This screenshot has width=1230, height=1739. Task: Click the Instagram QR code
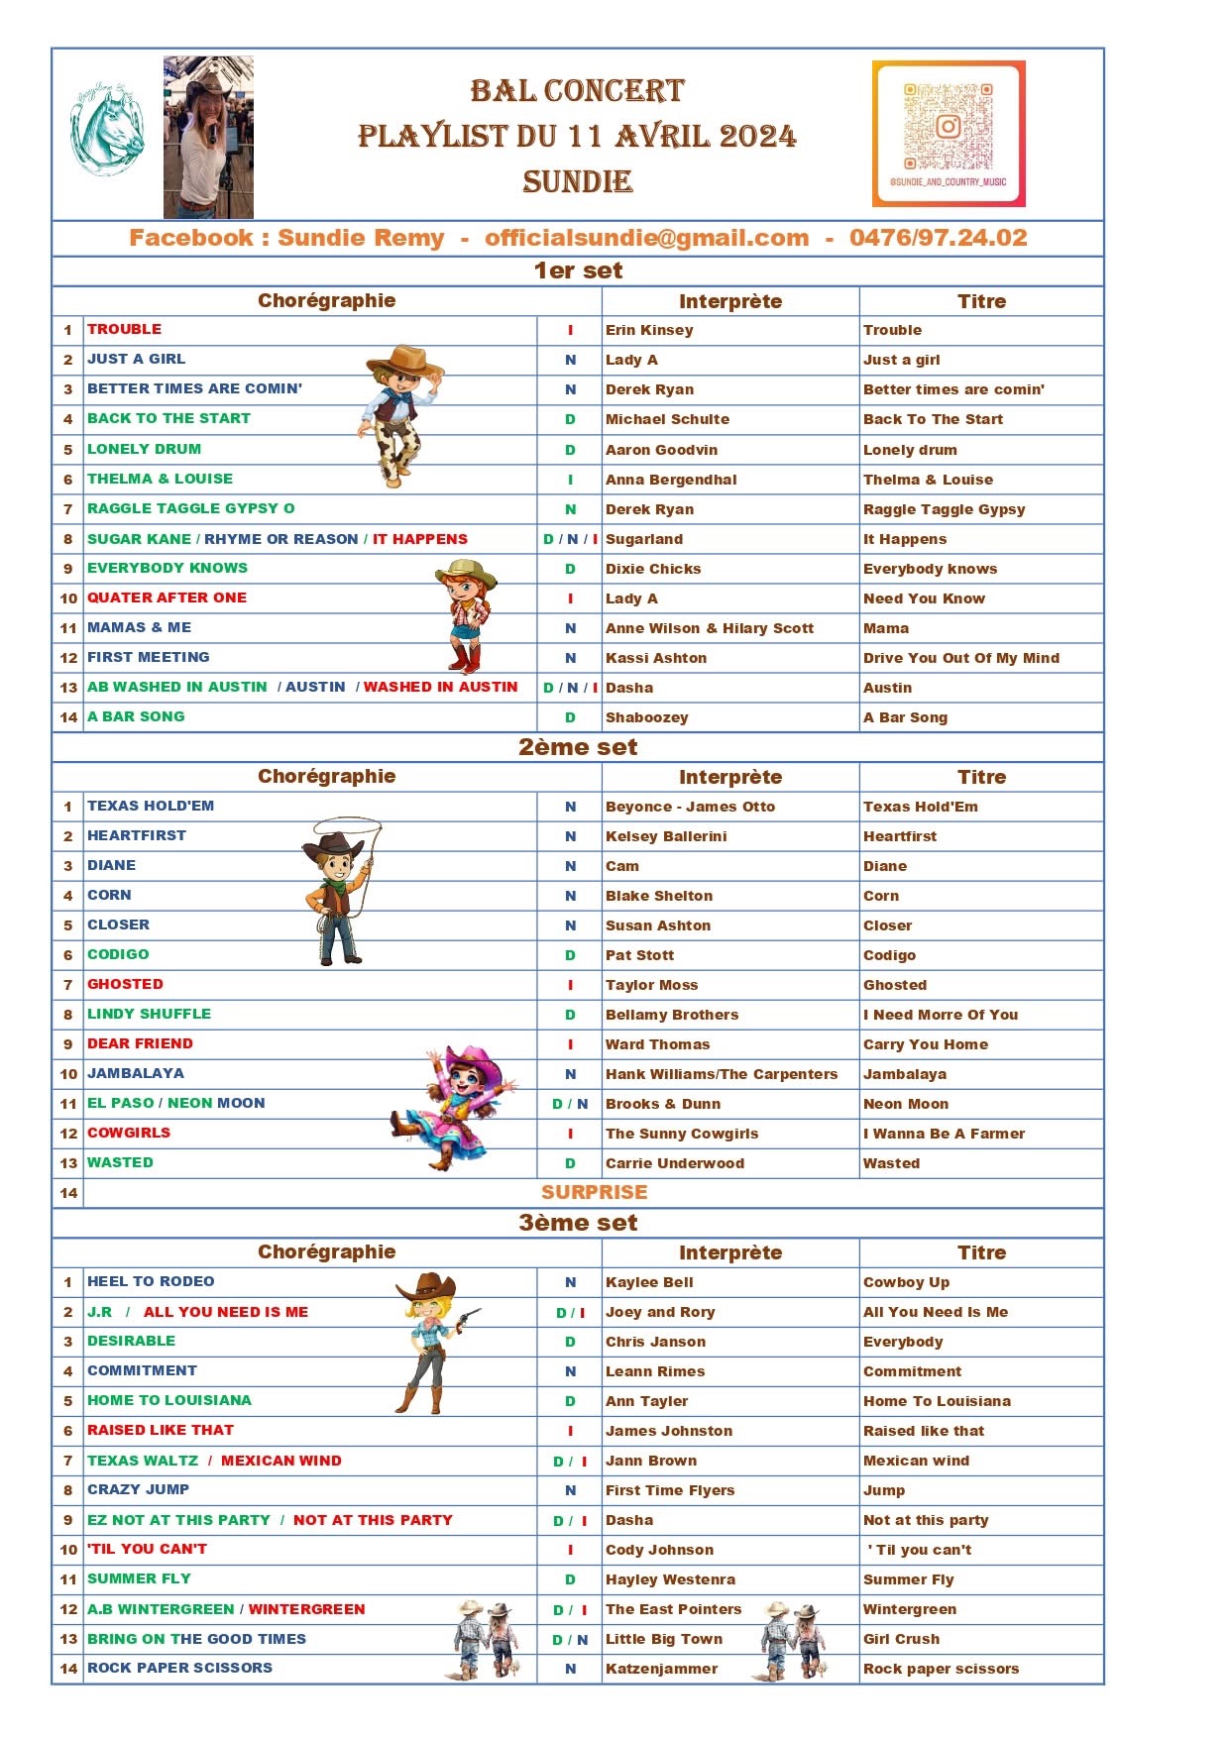click(948, 133)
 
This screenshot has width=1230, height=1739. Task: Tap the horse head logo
click(106, 130)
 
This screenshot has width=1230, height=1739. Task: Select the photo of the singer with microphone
click(208, 137)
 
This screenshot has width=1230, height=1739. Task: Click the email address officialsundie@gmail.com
click(646, 238)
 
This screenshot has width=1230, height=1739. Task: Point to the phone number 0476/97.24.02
click(938, 238)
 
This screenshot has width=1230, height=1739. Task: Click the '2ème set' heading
click(578, 747)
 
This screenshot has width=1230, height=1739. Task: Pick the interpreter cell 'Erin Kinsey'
click(649, 330)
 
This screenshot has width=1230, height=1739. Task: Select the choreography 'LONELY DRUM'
click(144, 449)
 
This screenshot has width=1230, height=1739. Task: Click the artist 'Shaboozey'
click(646, 717)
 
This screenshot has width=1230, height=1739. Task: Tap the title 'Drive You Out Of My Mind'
click(960, 658)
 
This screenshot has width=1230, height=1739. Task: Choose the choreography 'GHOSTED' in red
click(125, 984)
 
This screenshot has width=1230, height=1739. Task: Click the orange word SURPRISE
click(594, 1192)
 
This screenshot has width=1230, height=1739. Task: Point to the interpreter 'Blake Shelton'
click(659, 896)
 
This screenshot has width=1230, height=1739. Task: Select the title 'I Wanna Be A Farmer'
click(944, 1134)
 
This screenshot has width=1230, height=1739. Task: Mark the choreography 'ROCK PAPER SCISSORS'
click(179, 1668)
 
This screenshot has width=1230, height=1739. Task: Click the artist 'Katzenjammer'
click(661, 1669)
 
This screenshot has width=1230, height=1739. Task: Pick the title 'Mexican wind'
click(916, 1461)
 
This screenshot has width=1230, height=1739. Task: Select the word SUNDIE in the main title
click(577, 182)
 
